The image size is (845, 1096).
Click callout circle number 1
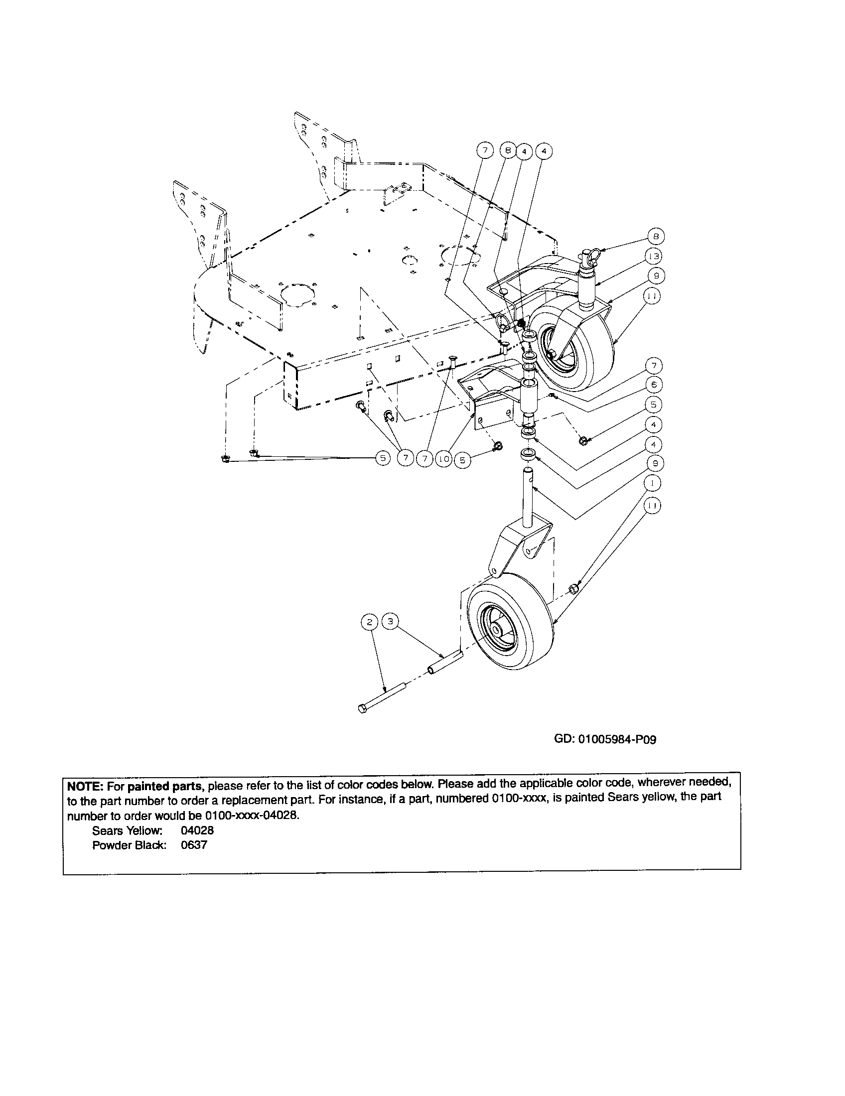652,483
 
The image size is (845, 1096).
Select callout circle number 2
369,622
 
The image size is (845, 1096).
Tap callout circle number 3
390,622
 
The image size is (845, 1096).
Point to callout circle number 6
653,385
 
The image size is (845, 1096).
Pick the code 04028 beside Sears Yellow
197,830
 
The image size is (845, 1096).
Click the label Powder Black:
129,845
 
